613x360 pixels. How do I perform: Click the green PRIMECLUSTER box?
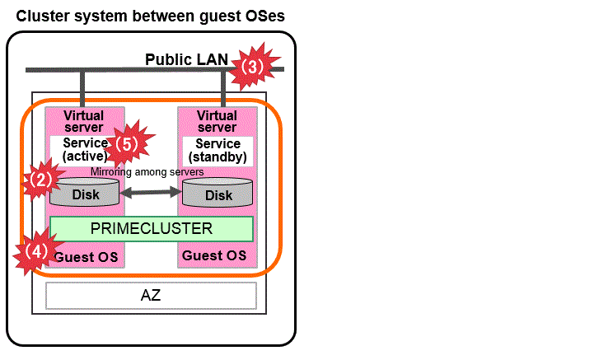151,228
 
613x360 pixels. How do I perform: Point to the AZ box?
151,295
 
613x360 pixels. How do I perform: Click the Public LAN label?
186,59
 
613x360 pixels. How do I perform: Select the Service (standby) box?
218,150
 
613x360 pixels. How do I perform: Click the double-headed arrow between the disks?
152,193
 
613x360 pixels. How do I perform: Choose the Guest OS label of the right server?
214,256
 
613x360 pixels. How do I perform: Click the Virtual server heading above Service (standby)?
218,121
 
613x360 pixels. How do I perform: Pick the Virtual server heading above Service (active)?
83,121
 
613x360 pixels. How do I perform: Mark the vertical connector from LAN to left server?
82,88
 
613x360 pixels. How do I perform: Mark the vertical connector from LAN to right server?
223,88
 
